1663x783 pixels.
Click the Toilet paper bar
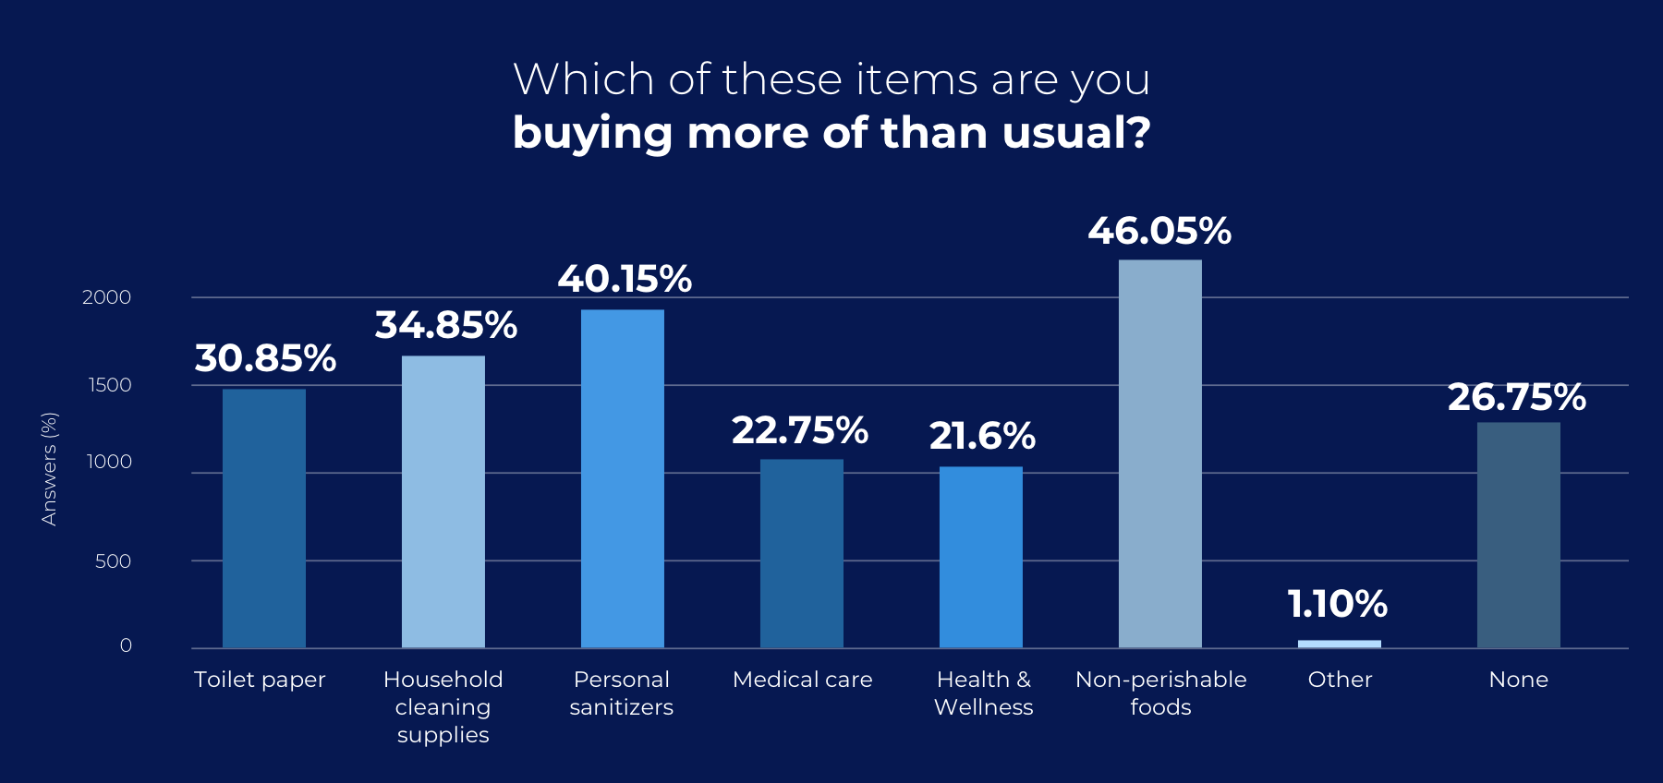[x=263, y=517]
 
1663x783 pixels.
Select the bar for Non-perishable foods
[x=1159, y=452]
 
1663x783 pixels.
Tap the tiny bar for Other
[x=1339, y=644]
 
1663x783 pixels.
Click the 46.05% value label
[x=1159, y=231]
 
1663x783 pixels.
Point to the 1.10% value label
[x=1337, y=605]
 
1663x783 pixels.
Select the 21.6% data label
[x=982, y=436]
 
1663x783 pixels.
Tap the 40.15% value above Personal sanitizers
[x=624, y=279]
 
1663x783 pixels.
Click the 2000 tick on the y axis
[x=106, y=297]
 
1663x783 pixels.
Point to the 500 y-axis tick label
[x=113, y=561]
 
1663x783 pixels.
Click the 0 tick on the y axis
[x=126, y=645]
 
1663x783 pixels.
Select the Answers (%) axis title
[x=49, y=469]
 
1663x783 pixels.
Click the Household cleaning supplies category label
[x=443, y=706]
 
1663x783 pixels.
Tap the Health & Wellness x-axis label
[x=983, y=693]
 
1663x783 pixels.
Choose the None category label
[x=1518, y=680]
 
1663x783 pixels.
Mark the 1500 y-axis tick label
[x=110, y=385]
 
